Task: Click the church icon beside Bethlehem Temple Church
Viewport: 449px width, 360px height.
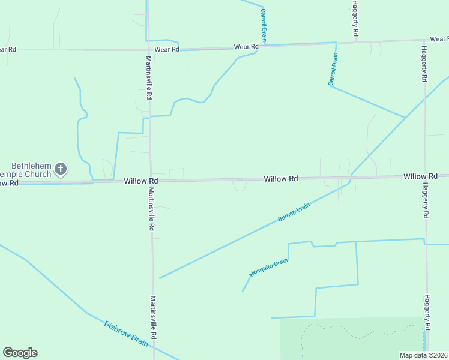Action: tap(61, 170)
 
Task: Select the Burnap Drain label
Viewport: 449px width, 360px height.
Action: tap(294, 213)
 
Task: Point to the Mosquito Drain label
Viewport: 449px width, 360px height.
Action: tap(269, 267)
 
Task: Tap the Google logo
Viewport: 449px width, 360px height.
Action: tap(20, 353)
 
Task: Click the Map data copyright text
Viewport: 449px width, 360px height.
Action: tap(423, 355)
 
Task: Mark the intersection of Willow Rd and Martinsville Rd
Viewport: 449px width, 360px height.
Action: tap(150, 180)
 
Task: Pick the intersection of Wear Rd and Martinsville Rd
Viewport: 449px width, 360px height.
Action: tap(148, 50)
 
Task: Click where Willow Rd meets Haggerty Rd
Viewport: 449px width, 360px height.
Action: tap(426, 176)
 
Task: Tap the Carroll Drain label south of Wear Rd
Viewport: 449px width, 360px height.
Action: tap(333, 70)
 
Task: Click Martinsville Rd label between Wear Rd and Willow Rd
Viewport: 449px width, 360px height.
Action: tap(149, 78)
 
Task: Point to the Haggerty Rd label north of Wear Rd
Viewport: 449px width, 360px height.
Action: tap(355, 18)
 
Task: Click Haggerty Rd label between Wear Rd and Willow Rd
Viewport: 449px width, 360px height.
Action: tap(424, 64)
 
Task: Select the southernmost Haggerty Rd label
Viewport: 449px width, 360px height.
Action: tap(427, 312)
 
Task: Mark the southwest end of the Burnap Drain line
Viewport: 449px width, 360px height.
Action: tap(160, 278)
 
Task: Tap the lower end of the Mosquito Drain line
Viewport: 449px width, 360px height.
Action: tap(243, 292)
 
